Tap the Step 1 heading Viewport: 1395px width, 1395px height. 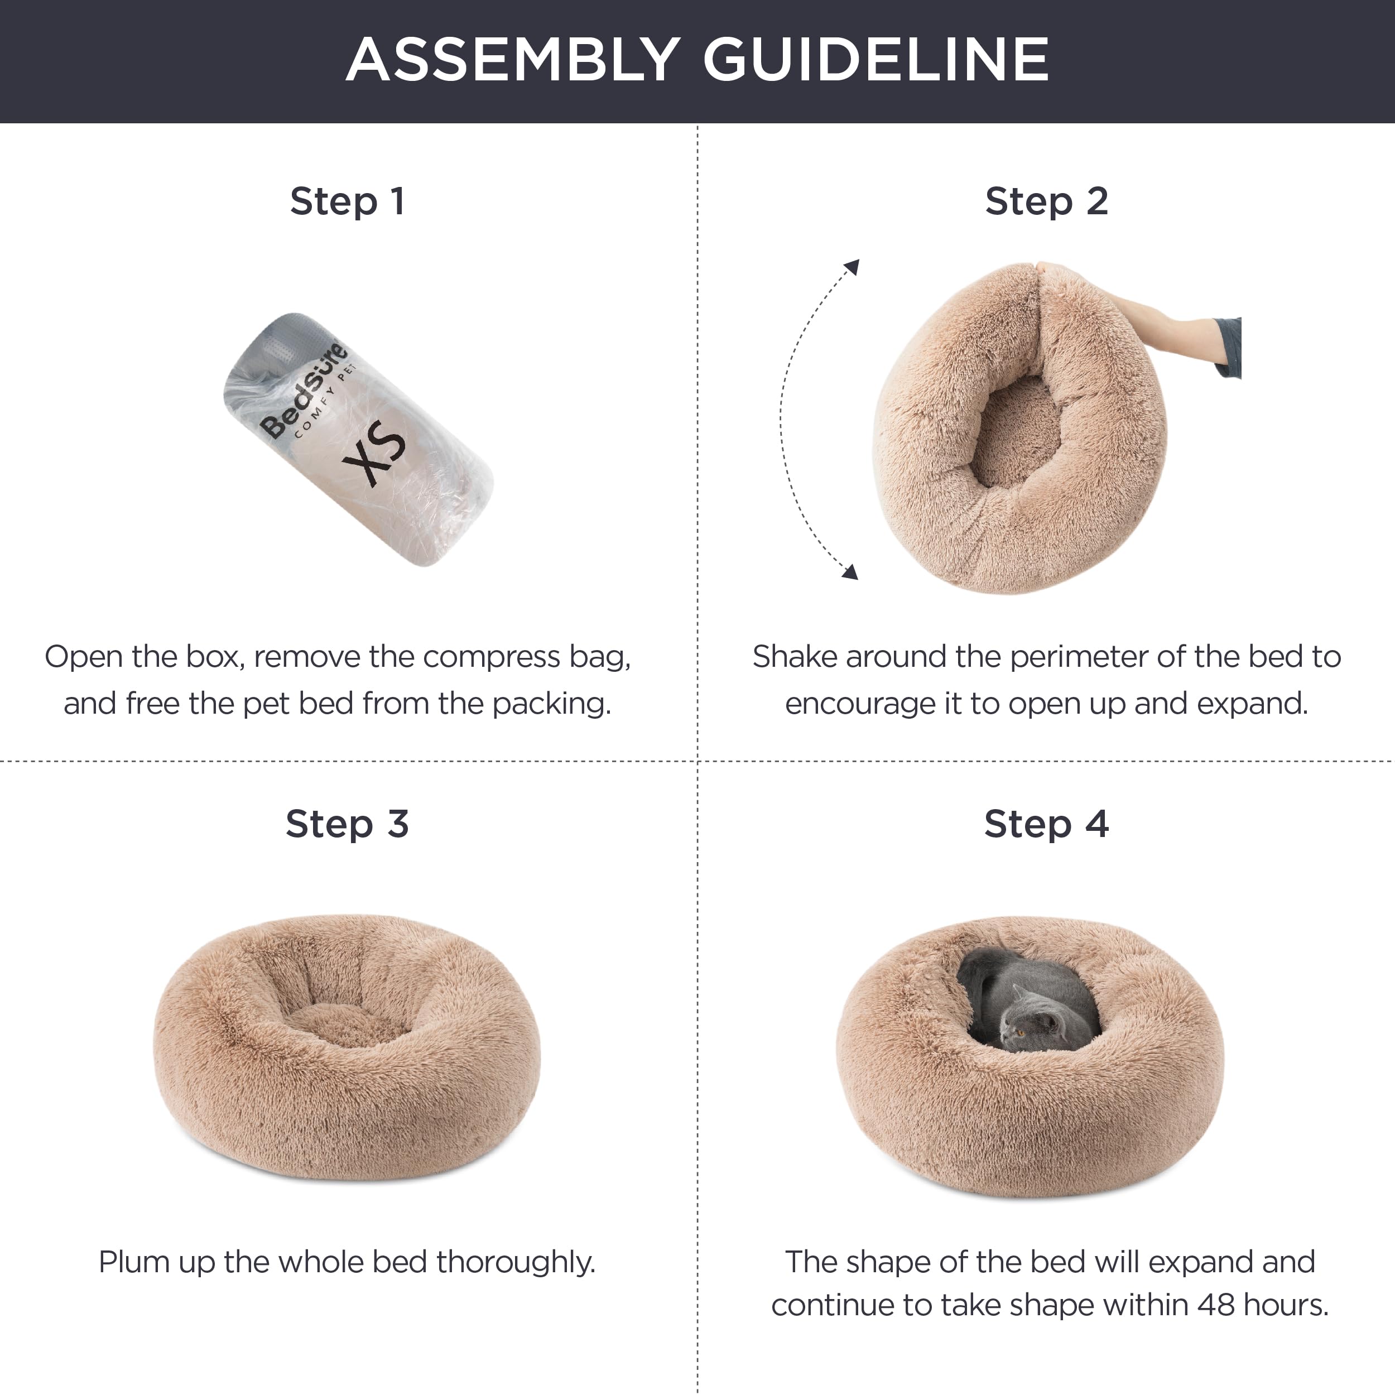(x=347, y=201)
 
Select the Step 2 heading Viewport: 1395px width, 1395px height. (x=1046, y=201)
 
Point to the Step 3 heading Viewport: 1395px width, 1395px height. (x=347, y=824)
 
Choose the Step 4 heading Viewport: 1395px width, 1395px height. (x=1046, y=824)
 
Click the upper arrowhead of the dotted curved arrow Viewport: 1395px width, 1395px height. (x=852, y=267)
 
